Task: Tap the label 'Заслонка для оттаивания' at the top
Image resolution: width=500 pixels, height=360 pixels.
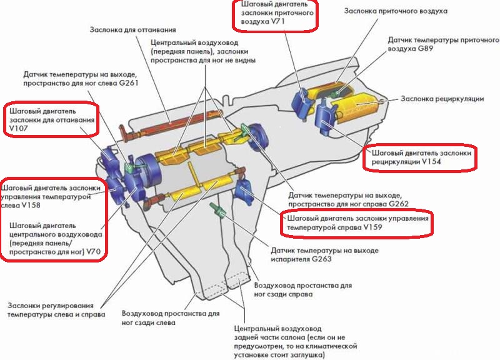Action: click(131, 30)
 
